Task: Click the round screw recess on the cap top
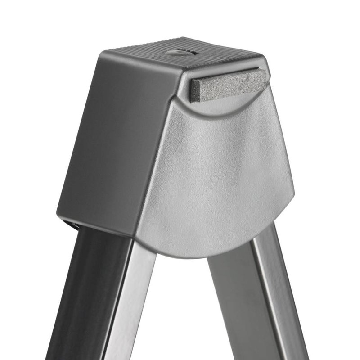[181, 53]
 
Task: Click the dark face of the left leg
[85, 292]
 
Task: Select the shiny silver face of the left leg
[128, 306]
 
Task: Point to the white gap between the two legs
[180, 315]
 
